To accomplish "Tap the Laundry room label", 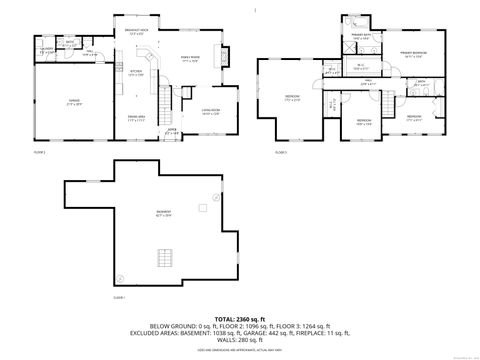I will point(46,49).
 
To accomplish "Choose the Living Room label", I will point(209,110).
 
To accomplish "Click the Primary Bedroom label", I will point(413,54).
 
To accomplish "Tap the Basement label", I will point(162,213).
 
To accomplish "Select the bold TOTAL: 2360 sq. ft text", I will point(239,317).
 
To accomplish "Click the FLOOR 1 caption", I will point(118,298).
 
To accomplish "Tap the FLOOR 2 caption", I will point(40,152).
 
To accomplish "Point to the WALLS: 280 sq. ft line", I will point(239,339).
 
